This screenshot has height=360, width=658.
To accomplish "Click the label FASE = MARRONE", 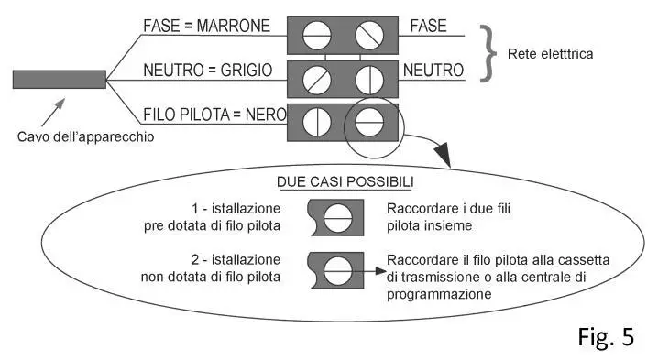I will click(x=207, y=26).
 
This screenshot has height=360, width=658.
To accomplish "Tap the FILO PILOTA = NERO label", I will click(x=214, y=115).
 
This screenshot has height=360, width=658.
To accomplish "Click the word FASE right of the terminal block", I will click(x=428, y=26).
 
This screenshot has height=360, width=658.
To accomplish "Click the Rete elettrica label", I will click(x=551, y=54).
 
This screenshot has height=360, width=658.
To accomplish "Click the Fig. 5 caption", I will click(x=606, y=336).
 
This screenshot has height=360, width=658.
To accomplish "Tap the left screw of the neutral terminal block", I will click(x=315, y=79).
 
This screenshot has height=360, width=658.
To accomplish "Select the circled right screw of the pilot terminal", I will click(x=368, y=122).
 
